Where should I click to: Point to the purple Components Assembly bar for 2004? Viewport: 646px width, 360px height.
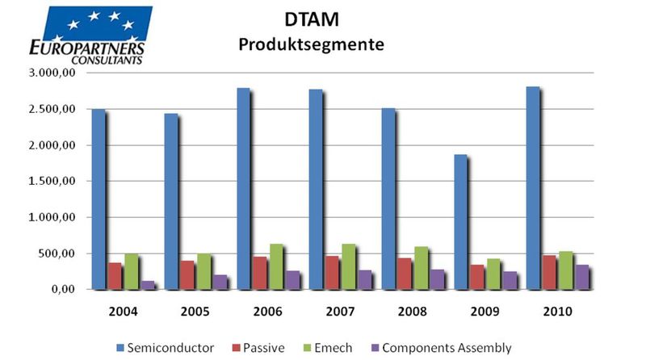coord(148,285)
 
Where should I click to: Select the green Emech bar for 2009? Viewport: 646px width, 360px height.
coord(495,274)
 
